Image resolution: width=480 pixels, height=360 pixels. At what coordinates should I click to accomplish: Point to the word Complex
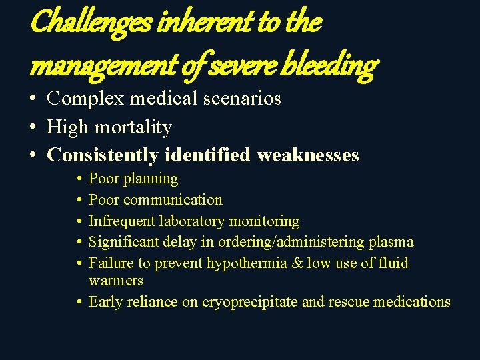(x=87, y=99)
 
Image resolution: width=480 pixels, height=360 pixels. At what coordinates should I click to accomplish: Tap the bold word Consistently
(x=103, y=155)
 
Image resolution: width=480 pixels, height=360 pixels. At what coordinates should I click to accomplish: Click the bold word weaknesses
(x=307, y=155)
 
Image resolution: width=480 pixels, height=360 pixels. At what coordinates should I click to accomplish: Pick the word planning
(x=152, y=179)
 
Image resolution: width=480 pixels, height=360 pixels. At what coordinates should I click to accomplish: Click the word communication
(x=174, y=199)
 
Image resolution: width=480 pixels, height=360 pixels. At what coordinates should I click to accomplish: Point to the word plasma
(x=393, y=242)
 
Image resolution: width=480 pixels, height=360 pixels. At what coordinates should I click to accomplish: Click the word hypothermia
(x=246, y=263)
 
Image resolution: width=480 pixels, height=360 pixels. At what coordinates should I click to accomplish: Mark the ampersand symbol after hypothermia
(x=298, y=263)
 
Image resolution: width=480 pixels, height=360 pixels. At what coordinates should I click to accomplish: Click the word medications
(x=412, y=302)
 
